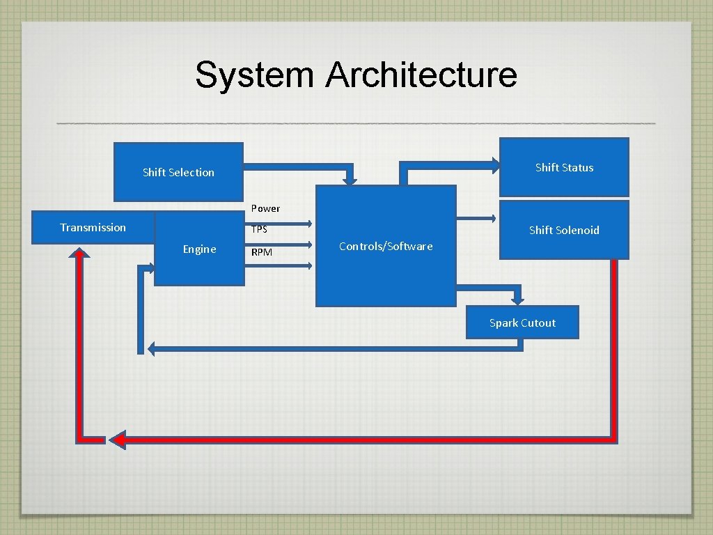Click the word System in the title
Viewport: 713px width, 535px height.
coord(254,75)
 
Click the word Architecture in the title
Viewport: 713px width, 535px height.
coord(421,75)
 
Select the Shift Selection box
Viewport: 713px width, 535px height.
coord(178,172)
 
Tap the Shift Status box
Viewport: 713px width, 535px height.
coord(564,167)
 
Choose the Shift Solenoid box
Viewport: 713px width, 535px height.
coord(564,230)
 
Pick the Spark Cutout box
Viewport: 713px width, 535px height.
coord(522,323)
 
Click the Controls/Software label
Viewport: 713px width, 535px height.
coord(386,246)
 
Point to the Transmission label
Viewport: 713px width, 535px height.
coord(93,227)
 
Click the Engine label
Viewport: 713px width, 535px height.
coord(199,249)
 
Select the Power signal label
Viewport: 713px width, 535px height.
coord(265,208)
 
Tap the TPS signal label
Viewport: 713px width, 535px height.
coord(259,229)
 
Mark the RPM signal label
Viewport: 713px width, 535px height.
coord(262,252)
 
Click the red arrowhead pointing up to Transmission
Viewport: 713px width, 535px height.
coord(81,254)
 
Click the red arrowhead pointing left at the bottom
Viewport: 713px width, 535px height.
coord(118,440)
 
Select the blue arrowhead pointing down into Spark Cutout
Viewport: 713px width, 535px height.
coord(517,299)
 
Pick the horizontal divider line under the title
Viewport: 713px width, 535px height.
coord(356,123)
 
